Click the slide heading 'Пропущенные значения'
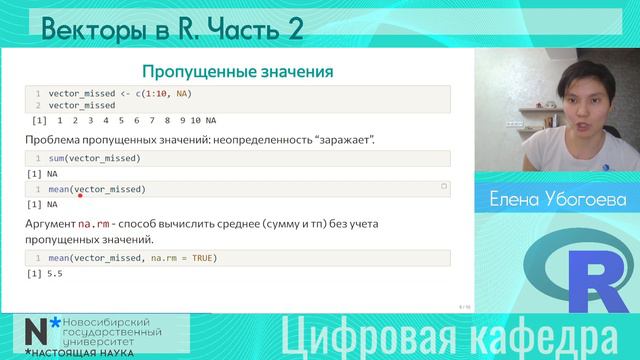click(x=237, y=71)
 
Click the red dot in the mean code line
click(x=79, y=196)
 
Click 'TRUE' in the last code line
click(x=198, y=259)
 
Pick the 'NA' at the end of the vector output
click(x=210, y=120)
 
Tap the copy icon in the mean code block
click(x=443, y=187)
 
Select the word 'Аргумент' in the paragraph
click(x=49, y=225)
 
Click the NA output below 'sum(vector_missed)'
click(x=39, y=173)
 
